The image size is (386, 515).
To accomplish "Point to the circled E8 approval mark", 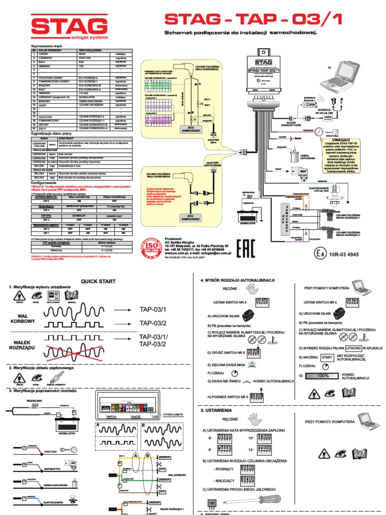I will [x=321, y=254].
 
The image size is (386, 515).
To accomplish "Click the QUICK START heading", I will [x=98, y=282].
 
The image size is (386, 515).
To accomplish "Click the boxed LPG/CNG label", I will [x=354, y=348].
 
